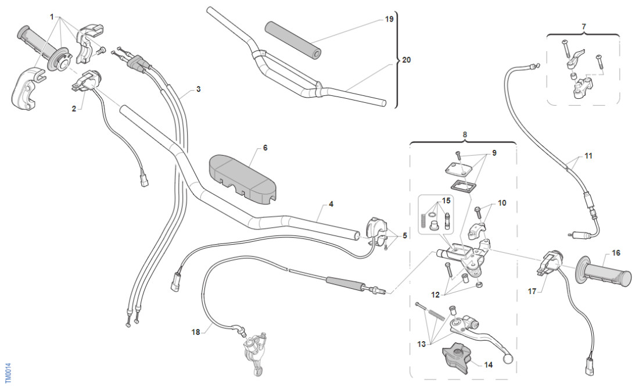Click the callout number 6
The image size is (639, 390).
coord(265,148)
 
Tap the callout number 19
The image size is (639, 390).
coord(389,19)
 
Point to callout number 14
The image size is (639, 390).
coord(487,364)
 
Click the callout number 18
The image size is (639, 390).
coord(196,332)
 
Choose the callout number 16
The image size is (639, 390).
coord(616,253)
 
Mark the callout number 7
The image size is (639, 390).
coord(584,26)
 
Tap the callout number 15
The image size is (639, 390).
coord(446,201)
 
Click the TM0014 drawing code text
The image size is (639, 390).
coord(6,374)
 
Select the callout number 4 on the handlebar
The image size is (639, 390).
coord(331,204)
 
